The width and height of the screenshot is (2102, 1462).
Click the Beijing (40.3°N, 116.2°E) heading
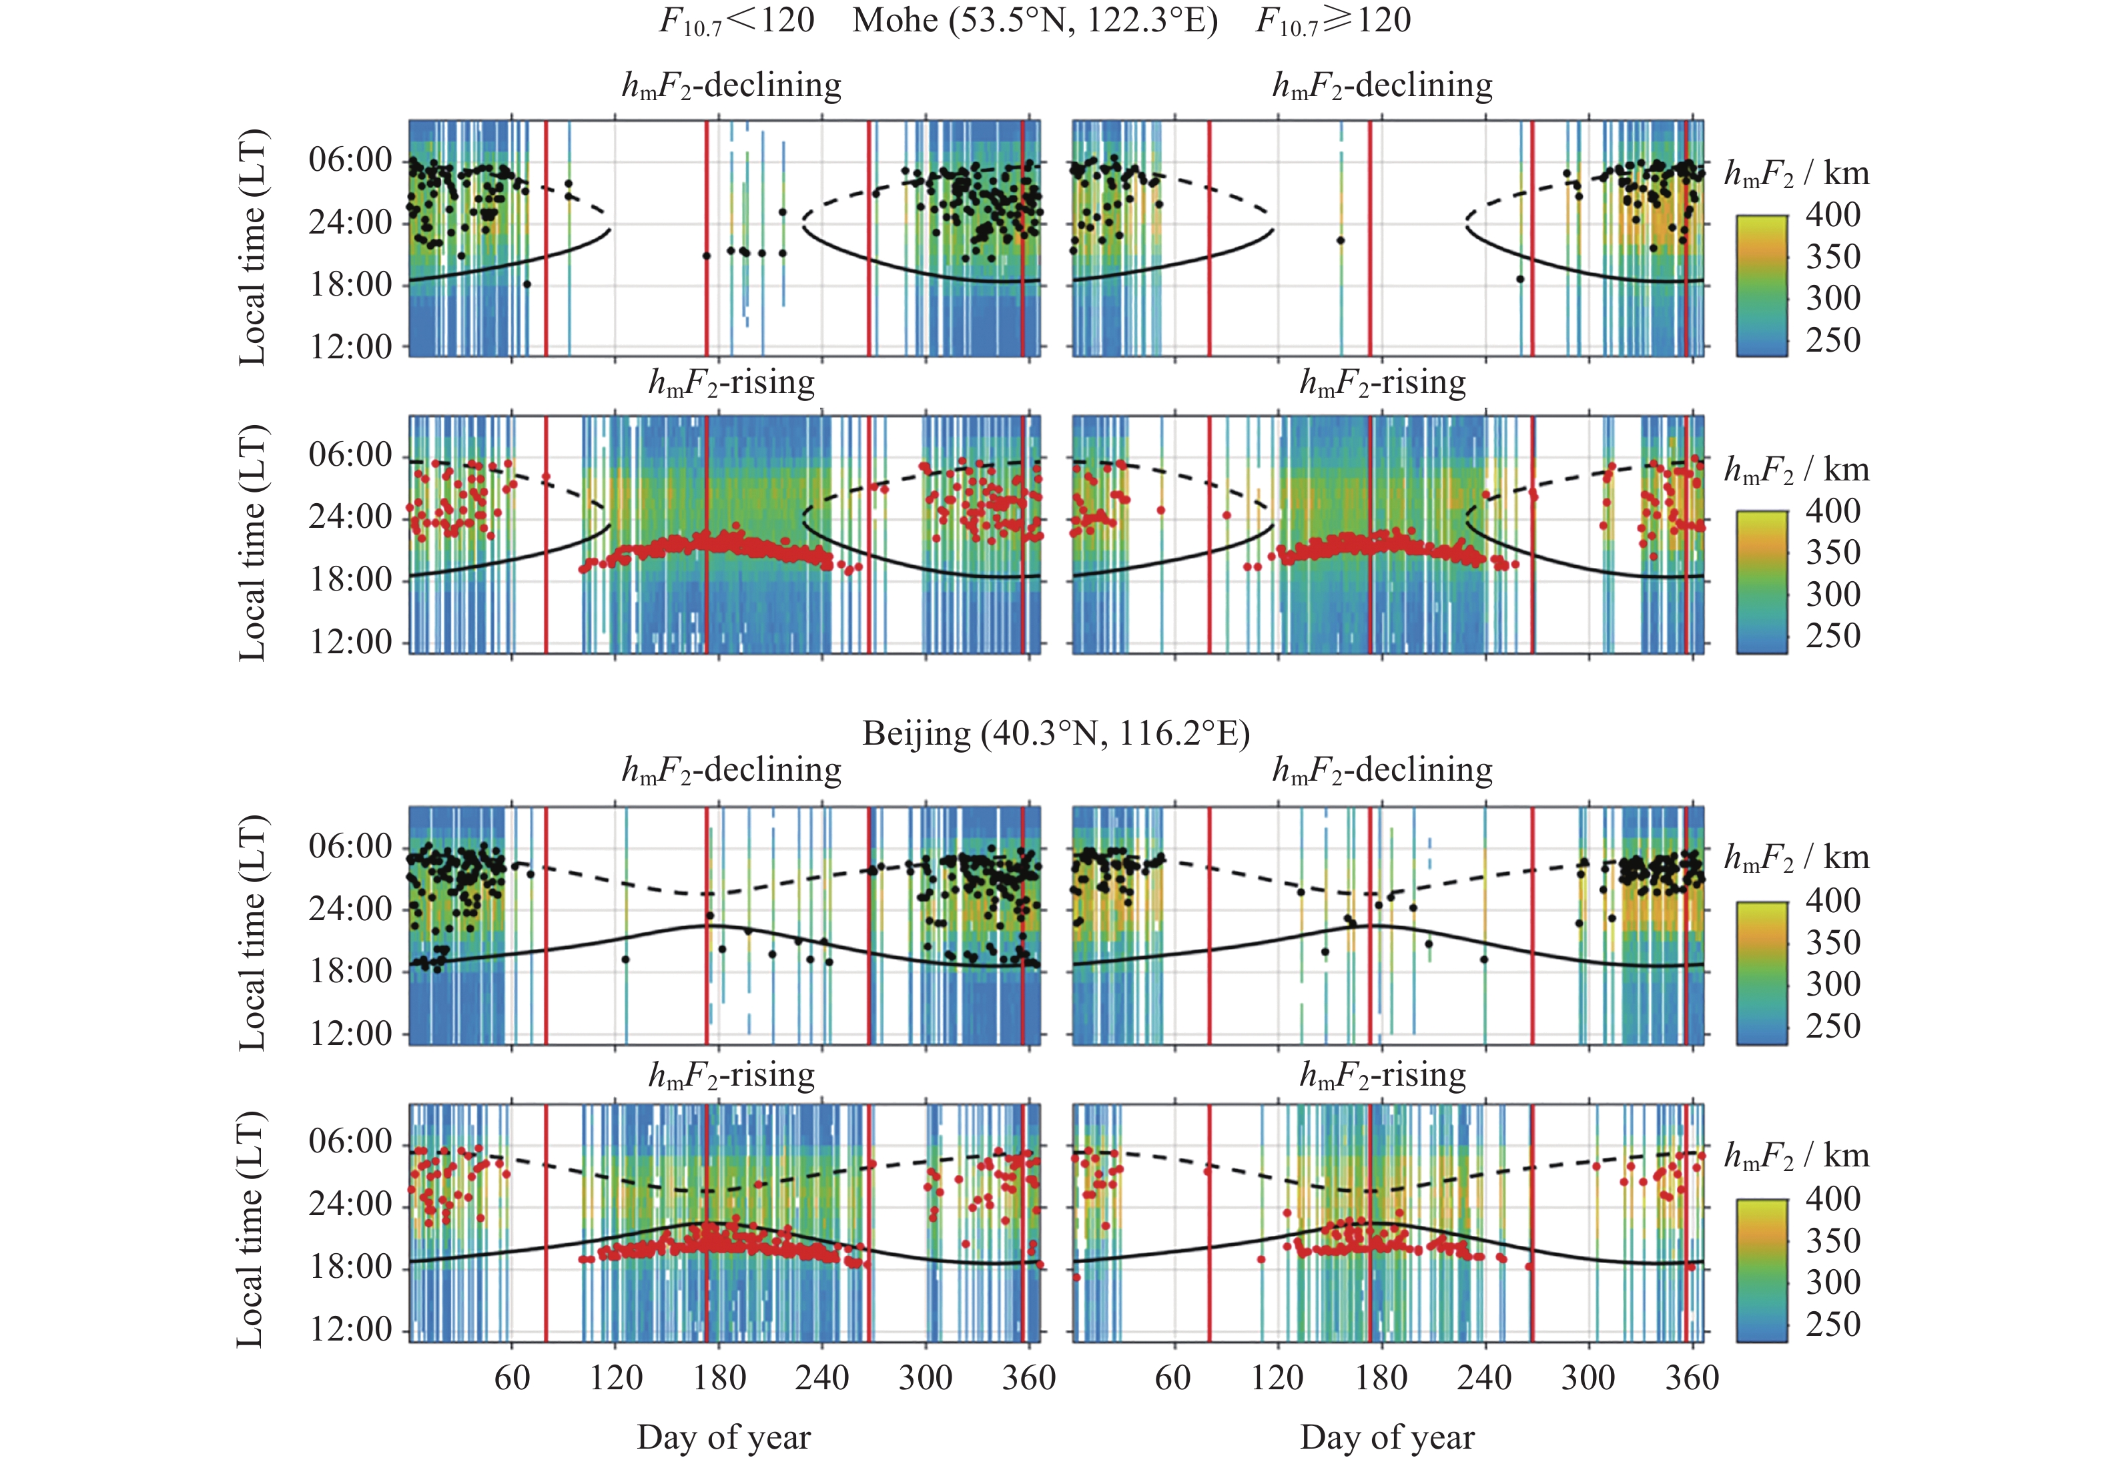pyautogui.click(x=1056, y=733)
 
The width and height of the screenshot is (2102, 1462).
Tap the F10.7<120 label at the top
pyautogui.click(x=736, y=20)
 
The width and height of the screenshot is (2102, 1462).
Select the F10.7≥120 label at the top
pyautogui.click(x=1333, y=20)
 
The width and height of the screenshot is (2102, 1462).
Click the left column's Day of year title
pyautogui.click(x=723, y=1437)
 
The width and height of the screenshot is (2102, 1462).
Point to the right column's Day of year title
pyautogui.click(x=1387, y=1437)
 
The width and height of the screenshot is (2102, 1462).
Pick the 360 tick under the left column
pyautogui.click(x=1029, y=1378)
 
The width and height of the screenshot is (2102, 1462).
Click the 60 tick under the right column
pyautogui.click(x=1172, y=1378)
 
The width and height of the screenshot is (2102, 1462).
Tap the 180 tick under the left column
pyautogui.click(x=719, y=1378)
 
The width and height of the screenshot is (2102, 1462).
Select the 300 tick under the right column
pyautogui.click(x=1588, y=1378)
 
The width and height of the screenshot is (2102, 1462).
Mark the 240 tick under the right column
pyautogui.click(x=1485, y=1378)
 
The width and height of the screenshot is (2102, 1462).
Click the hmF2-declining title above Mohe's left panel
pyautogui.click(x=731, y=85)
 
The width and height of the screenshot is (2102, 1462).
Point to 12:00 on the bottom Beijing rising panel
pyautogui.click(x=350, y=1329)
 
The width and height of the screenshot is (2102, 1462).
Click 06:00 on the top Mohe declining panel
pyautogui.click(x=350, y=159)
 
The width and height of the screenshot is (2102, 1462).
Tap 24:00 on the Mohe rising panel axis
pyautogui.click(x=350, y=516)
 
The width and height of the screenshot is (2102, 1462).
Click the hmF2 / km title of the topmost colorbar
pyautogui.click(x=1796, y=173)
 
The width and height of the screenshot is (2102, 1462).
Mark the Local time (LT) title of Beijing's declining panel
pyautogui.click(x=252, y=932)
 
